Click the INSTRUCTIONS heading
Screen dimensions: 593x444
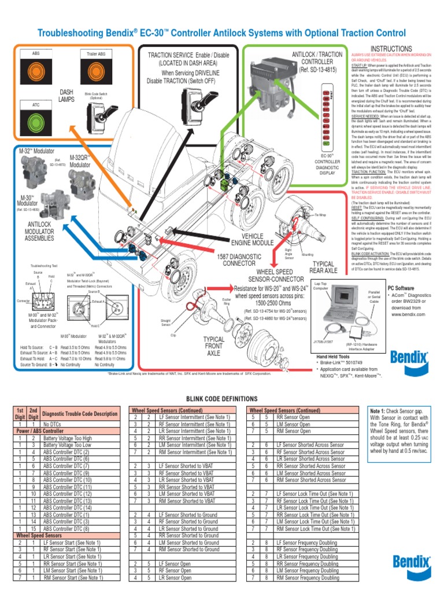(391, 49)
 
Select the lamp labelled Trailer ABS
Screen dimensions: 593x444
(96, 68)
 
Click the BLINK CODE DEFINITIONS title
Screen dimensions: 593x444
(221, 399)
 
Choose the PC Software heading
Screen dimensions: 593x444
(401, 288)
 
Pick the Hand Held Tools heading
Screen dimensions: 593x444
(333, 357)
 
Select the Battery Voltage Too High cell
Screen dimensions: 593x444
(67, 438)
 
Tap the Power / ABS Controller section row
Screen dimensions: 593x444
(39, 431)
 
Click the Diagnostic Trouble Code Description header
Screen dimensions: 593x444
(80, 414)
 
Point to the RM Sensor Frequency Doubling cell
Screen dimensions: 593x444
(308, 577)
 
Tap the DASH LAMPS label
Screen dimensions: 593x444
(66, 96)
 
